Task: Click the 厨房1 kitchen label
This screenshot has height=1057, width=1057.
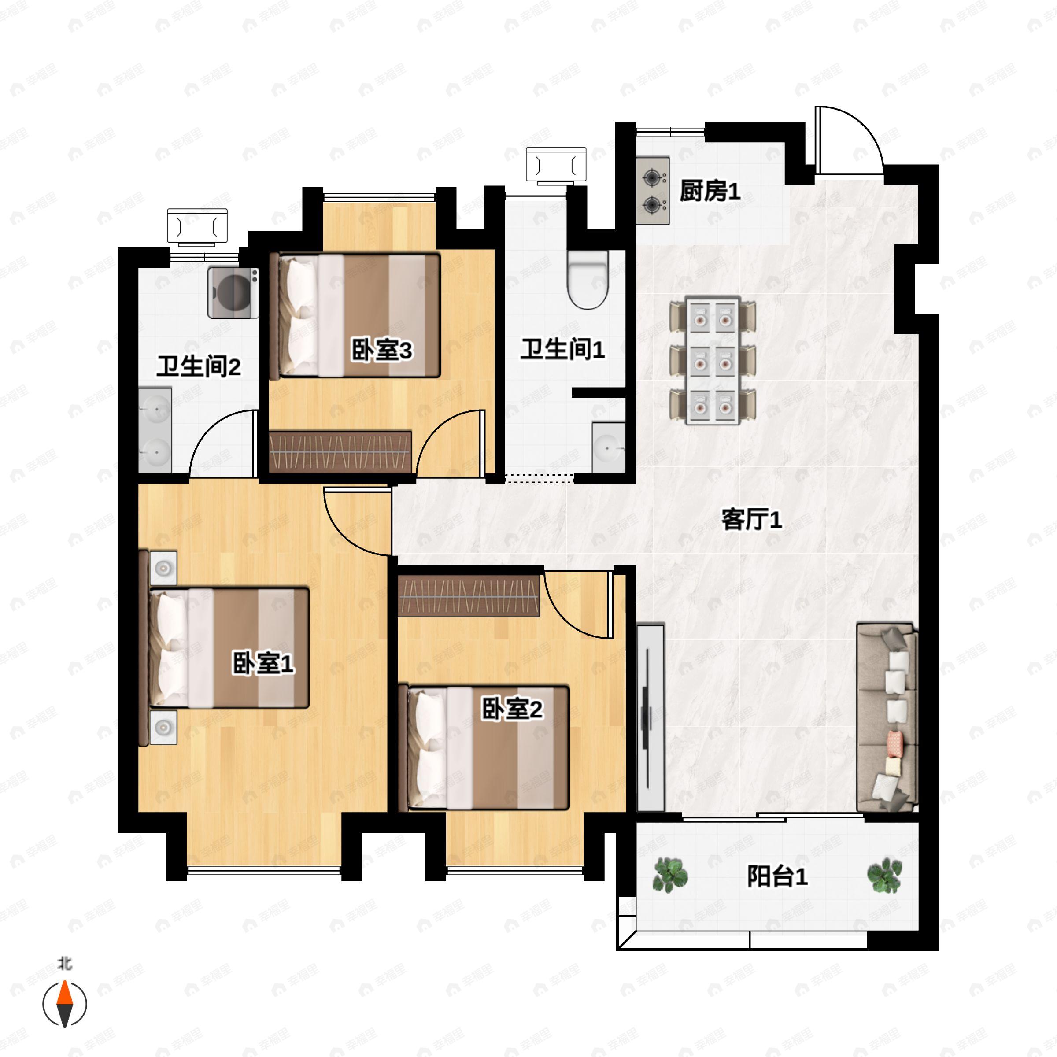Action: pos(710,191)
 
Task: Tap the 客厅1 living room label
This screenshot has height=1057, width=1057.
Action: pos(752,519)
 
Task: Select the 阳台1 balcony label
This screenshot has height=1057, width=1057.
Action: pos(777,876)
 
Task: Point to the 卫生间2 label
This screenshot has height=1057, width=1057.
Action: pos(199,366)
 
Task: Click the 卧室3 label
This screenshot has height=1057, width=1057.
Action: pos(381,350)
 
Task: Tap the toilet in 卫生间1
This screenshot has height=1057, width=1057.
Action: pos(588,279)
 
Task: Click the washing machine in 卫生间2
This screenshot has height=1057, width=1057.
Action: pos(233,293)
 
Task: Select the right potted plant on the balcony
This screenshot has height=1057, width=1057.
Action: pos(884,875)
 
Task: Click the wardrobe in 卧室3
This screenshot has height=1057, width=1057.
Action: pos(340,452)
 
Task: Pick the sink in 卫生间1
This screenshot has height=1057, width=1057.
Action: pos(608,448)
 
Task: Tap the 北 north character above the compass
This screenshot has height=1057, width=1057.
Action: pos(65,964)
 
